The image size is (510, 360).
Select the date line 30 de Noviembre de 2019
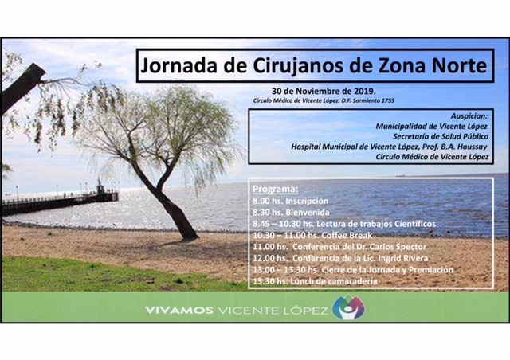tap(324, 91)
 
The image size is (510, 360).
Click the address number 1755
tap(387, 101)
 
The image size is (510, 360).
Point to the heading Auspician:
tap(469, 116)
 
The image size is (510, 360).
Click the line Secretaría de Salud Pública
tap(441, 136)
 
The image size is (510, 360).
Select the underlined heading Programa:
tap(275, 190)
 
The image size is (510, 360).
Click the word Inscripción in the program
tap(307, 202)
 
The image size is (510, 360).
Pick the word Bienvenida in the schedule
tap(308, 213)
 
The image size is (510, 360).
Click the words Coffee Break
tap(347, 235)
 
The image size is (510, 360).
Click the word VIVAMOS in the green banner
tap(179, 311)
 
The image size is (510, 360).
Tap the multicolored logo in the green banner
tap(349, 307)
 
